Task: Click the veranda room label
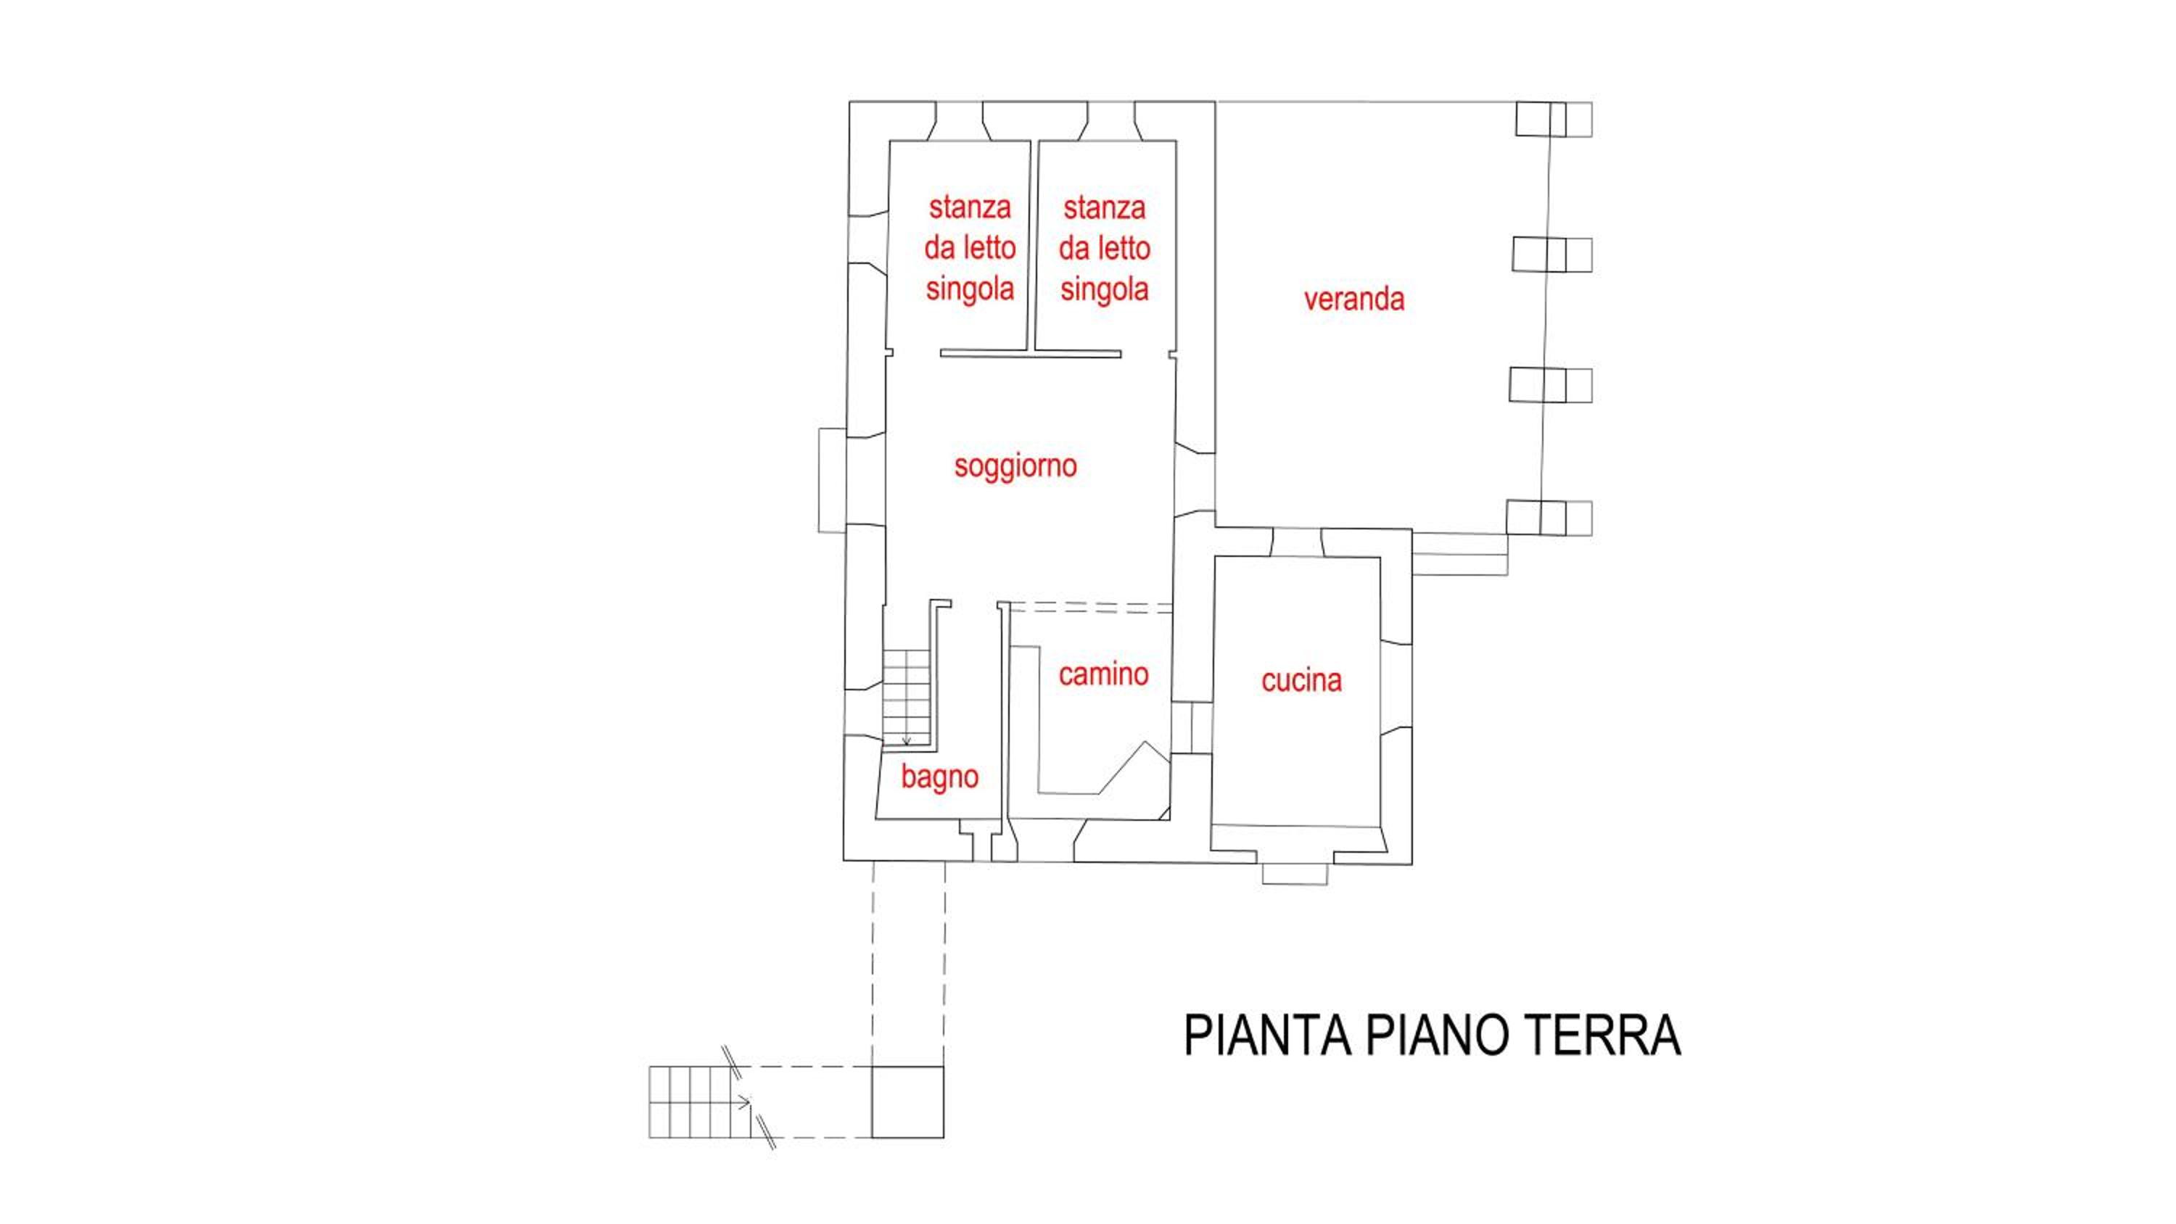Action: (x=1353, y=299)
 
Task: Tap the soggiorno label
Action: (x=1015, y=466)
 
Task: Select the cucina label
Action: (x=1301, y=680)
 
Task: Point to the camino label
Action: (x=1103, y=674)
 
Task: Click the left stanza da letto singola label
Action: (x=970, y=247)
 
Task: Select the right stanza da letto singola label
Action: (x=1104, y=248)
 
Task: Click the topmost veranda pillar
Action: (x=1554, y=119)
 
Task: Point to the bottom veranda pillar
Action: (x=1549, y=518)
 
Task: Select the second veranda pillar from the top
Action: (x=1551, y=255)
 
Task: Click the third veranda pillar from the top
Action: (x=1551, y=385)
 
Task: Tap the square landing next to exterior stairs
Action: (x=908, y=1101)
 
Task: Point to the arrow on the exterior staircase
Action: (x=742, y=1101)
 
